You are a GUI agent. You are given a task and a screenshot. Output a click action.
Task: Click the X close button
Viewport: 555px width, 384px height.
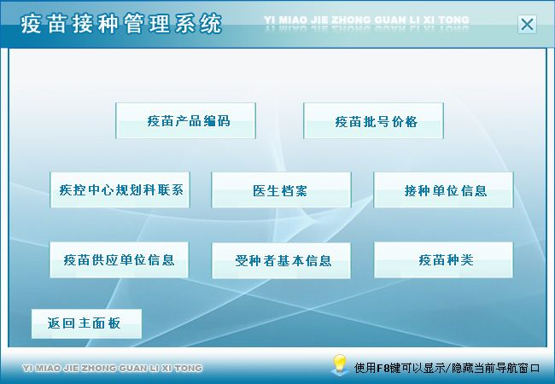pos(527,25)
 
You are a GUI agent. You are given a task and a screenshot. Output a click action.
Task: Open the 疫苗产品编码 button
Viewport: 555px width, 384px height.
pos(185,121)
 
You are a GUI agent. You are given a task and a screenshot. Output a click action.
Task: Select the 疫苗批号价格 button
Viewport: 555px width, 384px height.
pos(373,121)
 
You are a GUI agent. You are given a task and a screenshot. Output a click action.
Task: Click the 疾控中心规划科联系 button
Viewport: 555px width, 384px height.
pos(120,190)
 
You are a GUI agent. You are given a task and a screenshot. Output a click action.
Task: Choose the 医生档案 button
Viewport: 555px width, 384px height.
pos(282,190)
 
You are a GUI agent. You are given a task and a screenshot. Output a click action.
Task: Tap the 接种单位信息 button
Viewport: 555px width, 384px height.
pos(443,190)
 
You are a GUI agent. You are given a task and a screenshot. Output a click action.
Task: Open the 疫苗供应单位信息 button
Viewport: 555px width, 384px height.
pos(119,260)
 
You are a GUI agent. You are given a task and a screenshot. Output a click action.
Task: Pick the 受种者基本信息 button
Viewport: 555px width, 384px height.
pos(282,260)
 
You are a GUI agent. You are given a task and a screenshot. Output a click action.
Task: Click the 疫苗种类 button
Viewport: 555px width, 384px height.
pos(443,260)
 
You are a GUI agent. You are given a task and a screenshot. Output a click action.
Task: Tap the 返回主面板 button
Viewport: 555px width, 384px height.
pos(86,323)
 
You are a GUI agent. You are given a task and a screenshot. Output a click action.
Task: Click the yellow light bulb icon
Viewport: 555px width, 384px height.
pos(339,364)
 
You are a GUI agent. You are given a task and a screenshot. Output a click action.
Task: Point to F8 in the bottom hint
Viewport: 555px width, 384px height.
pos(383,369)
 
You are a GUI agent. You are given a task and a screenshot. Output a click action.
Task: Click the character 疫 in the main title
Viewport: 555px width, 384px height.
pos(32,24)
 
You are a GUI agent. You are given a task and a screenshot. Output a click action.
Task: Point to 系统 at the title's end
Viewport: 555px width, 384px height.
pos(198,24)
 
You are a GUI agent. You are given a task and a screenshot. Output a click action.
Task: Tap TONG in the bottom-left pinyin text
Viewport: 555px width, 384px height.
pos(189,369)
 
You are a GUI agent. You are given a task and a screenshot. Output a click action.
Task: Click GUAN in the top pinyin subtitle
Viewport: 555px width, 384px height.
pos(390,20)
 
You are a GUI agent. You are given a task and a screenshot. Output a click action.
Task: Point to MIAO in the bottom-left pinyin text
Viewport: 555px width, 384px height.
pos(49,369)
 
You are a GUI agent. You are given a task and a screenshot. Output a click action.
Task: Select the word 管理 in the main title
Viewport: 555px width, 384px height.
pos(147,24)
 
